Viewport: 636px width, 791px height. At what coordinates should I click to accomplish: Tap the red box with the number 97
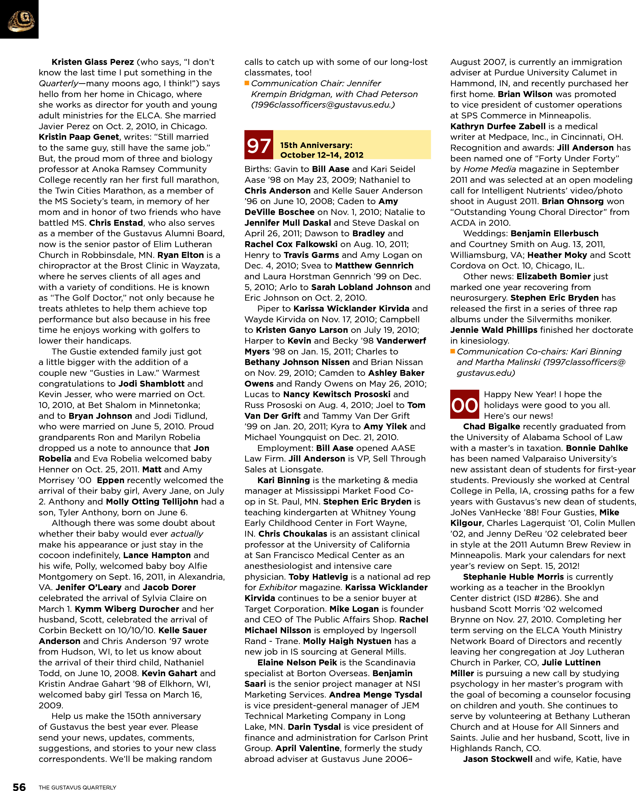tap(259, 145)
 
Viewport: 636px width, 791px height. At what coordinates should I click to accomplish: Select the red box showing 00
tap(464, 405)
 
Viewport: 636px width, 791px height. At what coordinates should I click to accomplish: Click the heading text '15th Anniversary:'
tap(316, 145)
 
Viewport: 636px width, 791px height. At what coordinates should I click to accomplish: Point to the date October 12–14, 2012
tap(322, 155)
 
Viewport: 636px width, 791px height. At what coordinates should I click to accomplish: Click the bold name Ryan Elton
tap(180, 255)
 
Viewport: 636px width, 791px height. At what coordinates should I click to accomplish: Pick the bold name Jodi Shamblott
tap(151, 384)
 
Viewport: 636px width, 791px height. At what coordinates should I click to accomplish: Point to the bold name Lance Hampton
tap(157, 555)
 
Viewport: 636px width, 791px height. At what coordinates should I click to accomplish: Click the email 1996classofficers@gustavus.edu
tap(323, 105)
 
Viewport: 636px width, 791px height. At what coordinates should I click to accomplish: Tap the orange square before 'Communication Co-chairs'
tap(453, 351)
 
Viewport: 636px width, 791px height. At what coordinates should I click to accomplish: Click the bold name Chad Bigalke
tap(491, 426)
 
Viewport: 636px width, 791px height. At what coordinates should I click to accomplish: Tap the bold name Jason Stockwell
tap(497, 759)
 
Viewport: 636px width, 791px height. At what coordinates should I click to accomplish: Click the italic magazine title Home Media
tap(490, 169)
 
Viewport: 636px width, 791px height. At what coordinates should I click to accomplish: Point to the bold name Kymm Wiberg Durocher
tap(127, 609)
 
